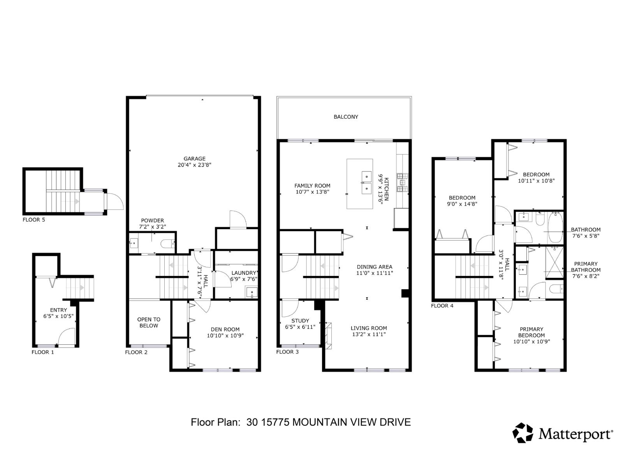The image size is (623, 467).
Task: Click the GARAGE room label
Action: click(194, 158)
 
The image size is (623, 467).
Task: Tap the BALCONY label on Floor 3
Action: click(346, 117)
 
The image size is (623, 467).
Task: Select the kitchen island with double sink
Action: click(360, 184)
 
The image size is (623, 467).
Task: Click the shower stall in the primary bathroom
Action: click(554, 263)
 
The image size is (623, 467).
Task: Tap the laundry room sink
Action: click(252, 292)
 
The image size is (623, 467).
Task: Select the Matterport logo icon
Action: click(523, 433)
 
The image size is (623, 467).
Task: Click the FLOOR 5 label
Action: click(34, 220)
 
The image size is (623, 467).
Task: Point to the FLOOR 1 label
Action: click(43, 352)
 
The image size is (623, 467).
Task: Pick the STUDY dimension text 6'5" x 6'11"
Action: click(300, 327)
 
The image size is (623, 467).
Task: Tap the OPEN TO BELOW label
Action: click(149, 323)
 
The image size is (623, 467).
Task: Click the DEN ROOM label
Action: click(225, 329)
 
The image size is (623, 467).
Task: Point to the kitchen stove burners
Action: click(402, 183)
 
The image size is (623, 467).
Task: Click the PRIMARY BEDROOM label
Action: click(531, 332)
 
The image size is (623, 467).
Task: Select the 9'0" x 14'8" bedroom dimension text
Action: click(462, 204)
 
